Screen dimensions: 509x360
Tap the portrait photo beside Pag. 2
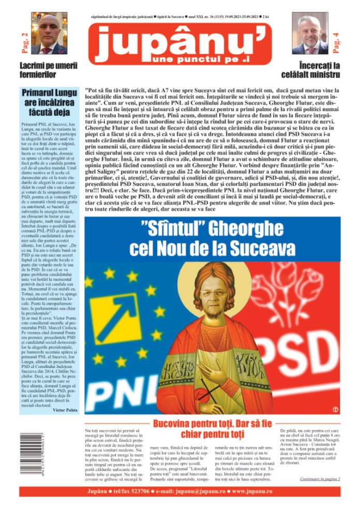point(50,33)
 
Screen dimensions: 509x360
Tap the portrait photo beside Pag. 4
point(310,33)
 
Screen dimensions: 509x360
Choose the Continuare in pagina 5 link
point(320,479)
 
